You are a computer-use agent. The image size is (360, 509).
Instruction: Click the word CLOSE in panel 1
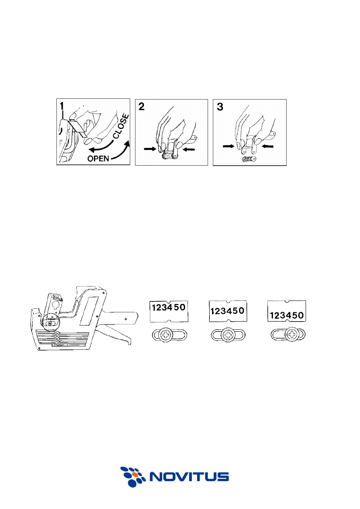(x=121, y=126)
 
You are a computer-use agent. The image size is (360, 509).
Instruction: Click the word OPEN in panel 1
(x=98, y=158)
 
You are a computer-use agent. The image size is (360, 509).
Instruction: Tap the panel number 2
(x=142, y=106)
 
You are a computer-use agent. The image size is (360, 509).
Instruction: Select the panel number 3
(x=220, y=107)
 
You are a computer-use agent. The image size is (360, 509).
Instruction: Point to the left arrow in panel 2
(x=150, y=149)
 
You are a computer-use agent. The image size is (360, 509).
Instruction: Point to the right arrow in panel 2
(x=189, y=149)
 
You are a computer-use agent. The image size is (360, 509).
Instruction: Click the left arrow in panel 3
(x=228, y=147)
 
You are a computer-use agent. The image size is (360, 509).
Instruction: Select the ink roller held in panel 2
(x=170, y=156)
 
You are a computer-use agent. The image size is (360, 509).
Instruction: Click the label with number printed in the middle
(x=228, y=311)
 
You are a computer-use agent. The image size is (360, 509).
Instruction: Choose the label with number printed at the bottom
(x=287, y=311)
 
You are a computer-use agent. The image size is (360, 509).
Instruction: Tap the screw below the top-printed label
(x=165, y=335)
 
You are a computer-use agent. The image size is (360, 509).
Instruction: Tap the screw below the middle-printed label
(x=228, y=335)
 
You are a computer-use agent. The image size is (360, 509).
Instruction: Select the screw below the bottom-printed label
(x=291, y=334)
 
